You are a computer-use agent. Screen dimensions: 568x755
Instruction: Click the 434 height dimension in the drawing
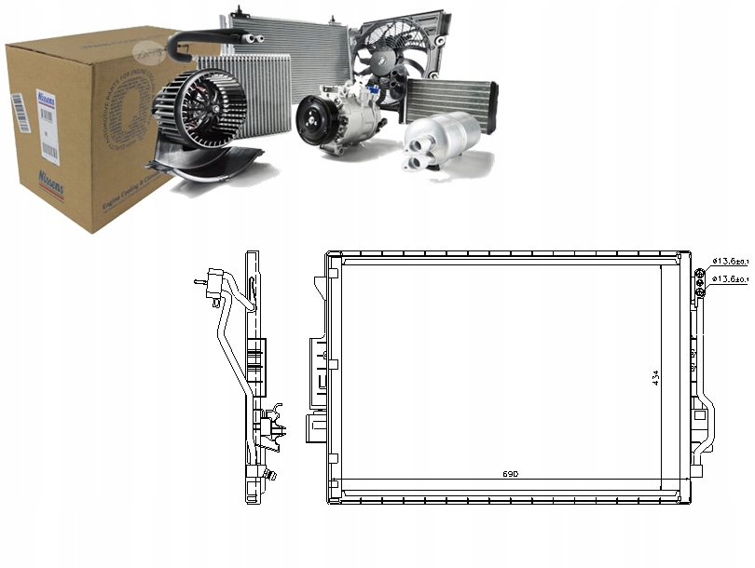(655, 378)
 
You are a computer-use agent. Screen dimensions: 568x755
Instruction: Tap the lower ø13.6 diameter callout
(731, 279)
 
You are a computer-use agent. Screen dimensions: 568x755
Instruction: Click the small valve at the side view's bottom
(271, 476)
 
